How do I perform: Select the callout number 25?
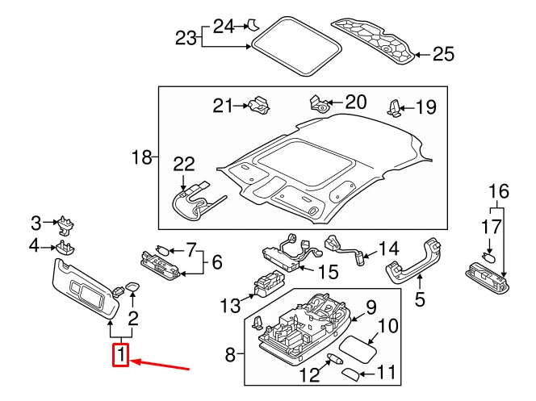(442, 54)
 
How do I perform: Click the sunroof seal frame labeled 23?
(295, 45)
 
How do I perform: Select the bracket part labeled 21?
(260, 105)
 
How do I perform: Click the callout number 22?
(184, 165)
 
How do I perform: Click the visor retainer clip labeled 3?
(65, 223)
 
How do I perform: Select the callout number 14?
(388, 249)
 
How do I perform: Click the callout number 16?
(499, 191)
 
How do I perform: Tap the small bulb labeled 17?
(488, 258)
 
